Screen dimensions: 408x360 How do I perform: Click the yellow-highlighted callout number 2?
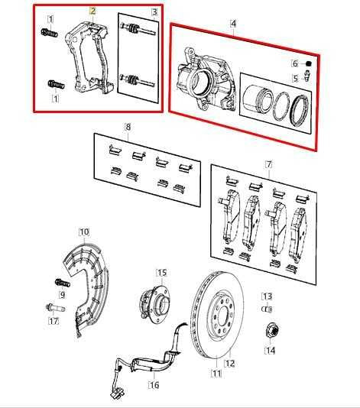(92, 11)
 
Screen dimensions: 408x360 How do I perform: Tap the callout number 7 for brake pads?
(268, 164)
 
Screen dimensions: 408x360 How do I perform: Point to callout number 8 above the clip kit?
(128, 126)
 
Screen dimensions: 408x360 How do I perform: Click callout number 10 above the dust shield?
(84, 232)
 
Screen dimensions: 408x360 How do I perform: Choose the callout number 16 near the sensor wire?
(154, 385)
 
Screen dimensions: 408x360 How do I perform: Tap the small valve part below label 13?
(268, 309)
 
